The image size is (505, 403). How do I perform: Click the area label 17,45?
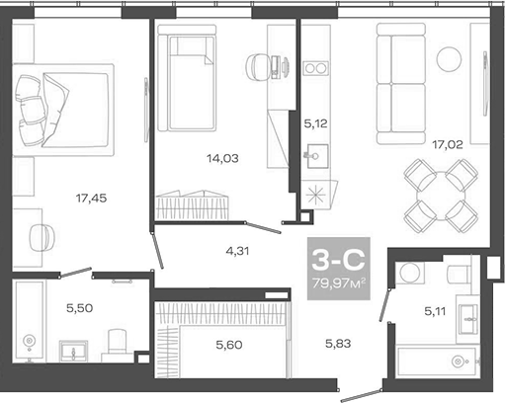(92, 198)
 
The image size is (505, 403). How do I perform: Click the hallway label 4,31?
(237, 251)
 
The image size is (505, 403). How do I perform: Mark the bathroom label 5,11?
(435, 312)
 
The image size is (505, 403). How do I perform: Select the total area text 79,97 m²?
(337, 284)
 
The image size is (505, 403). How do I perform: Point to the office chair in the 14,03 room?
(260, 66)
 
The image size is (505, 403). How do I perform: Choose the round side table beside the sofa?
(451, 56)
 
